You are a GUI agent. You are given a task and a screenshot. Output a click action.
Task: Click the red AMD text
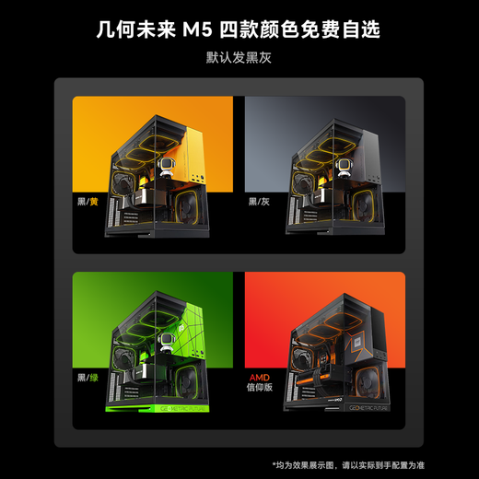pyautogui.click(x=261, y=378)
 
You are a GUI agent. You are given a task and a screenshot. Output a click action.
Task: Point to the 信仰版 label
pyautogui.click(x=262, y=391)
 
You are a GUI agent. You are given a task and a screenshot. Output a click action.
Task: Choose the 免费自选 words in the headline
pyautogui.click(x=349, y=31)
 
